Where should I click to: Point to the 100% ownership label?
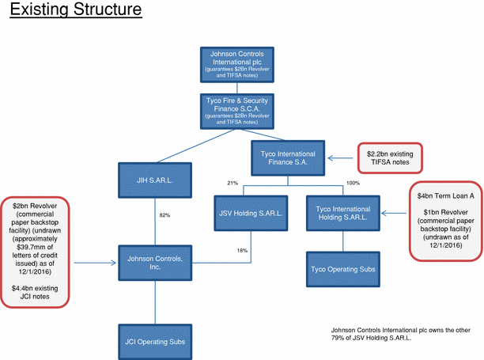pos(353,183)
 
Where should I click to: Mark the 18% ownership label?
pos(242,250)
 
